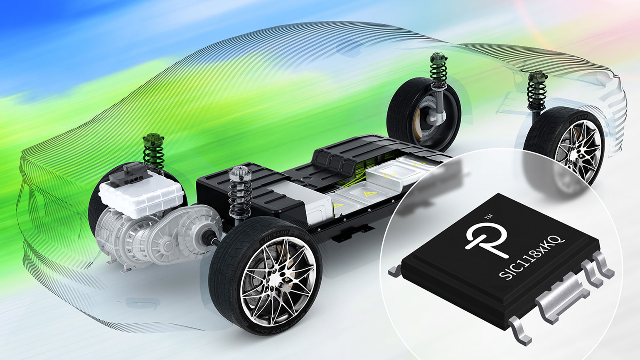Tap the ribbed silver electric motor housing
click(116, 237)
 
